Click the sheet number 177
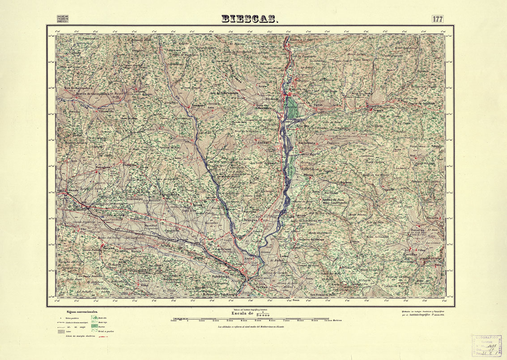pyautogui.click(x=437, y=19)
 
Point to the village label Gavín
pyautogui.click(x=318, y=104)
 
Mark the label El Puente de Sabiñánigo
pyautogui.click(x=219, y=294)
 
